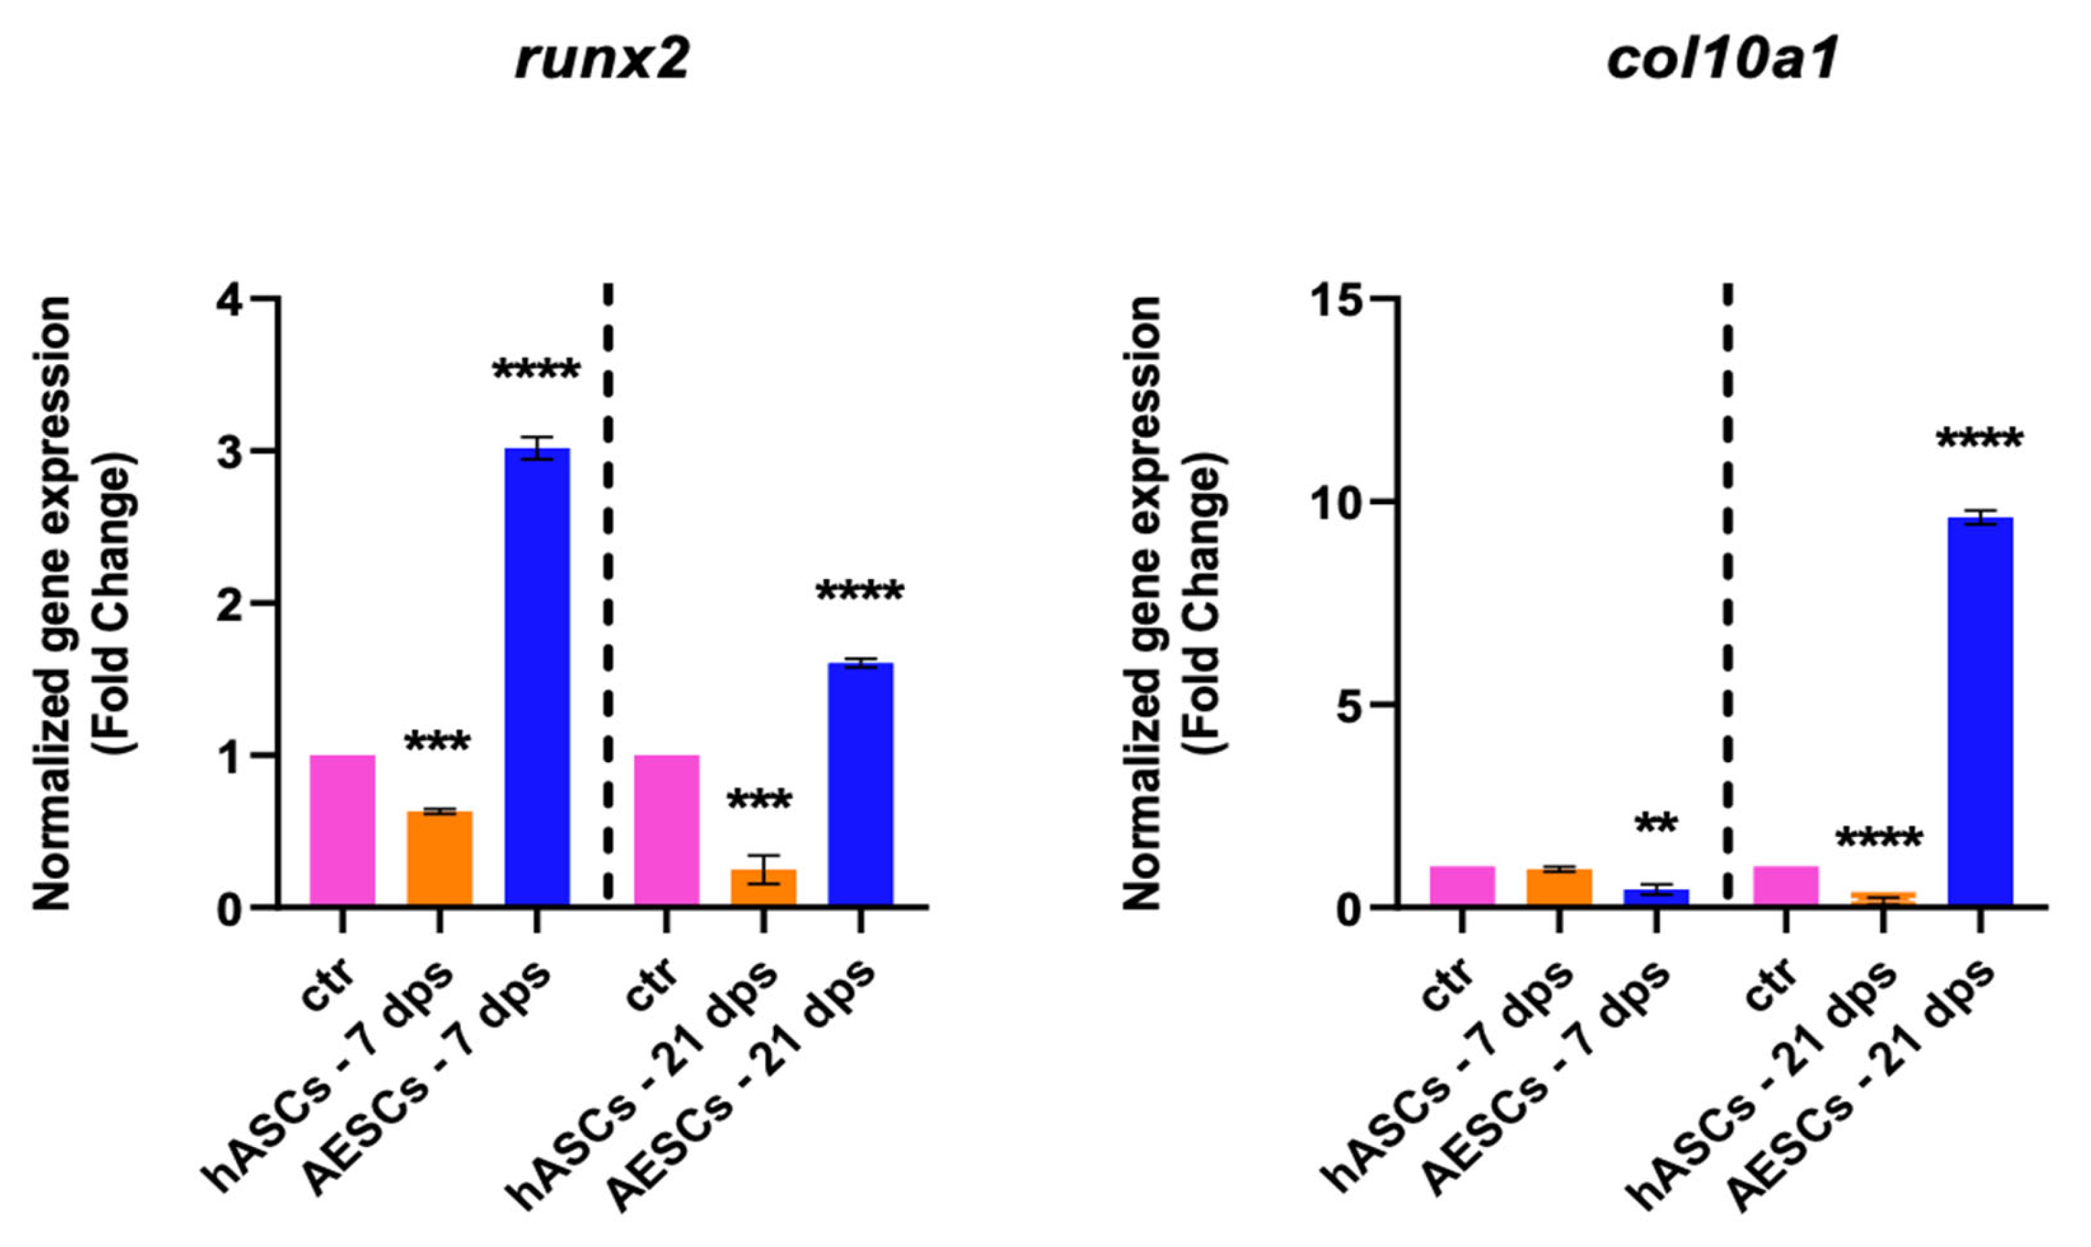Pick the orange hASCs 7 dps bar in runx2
click(x=439, y=858)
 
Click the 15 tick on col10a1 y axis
click(x=1339, y=299)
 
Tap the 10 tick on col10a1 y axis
click(x=1339, y=503)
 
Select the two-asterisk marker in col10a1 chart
click(x=1656, y=823)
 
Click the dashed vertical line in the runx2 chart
click(x=608, y=588)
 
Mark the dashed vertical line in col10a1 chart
click(x=1728, y=588)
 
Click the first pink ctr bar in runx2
click(x=342, y=830)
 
